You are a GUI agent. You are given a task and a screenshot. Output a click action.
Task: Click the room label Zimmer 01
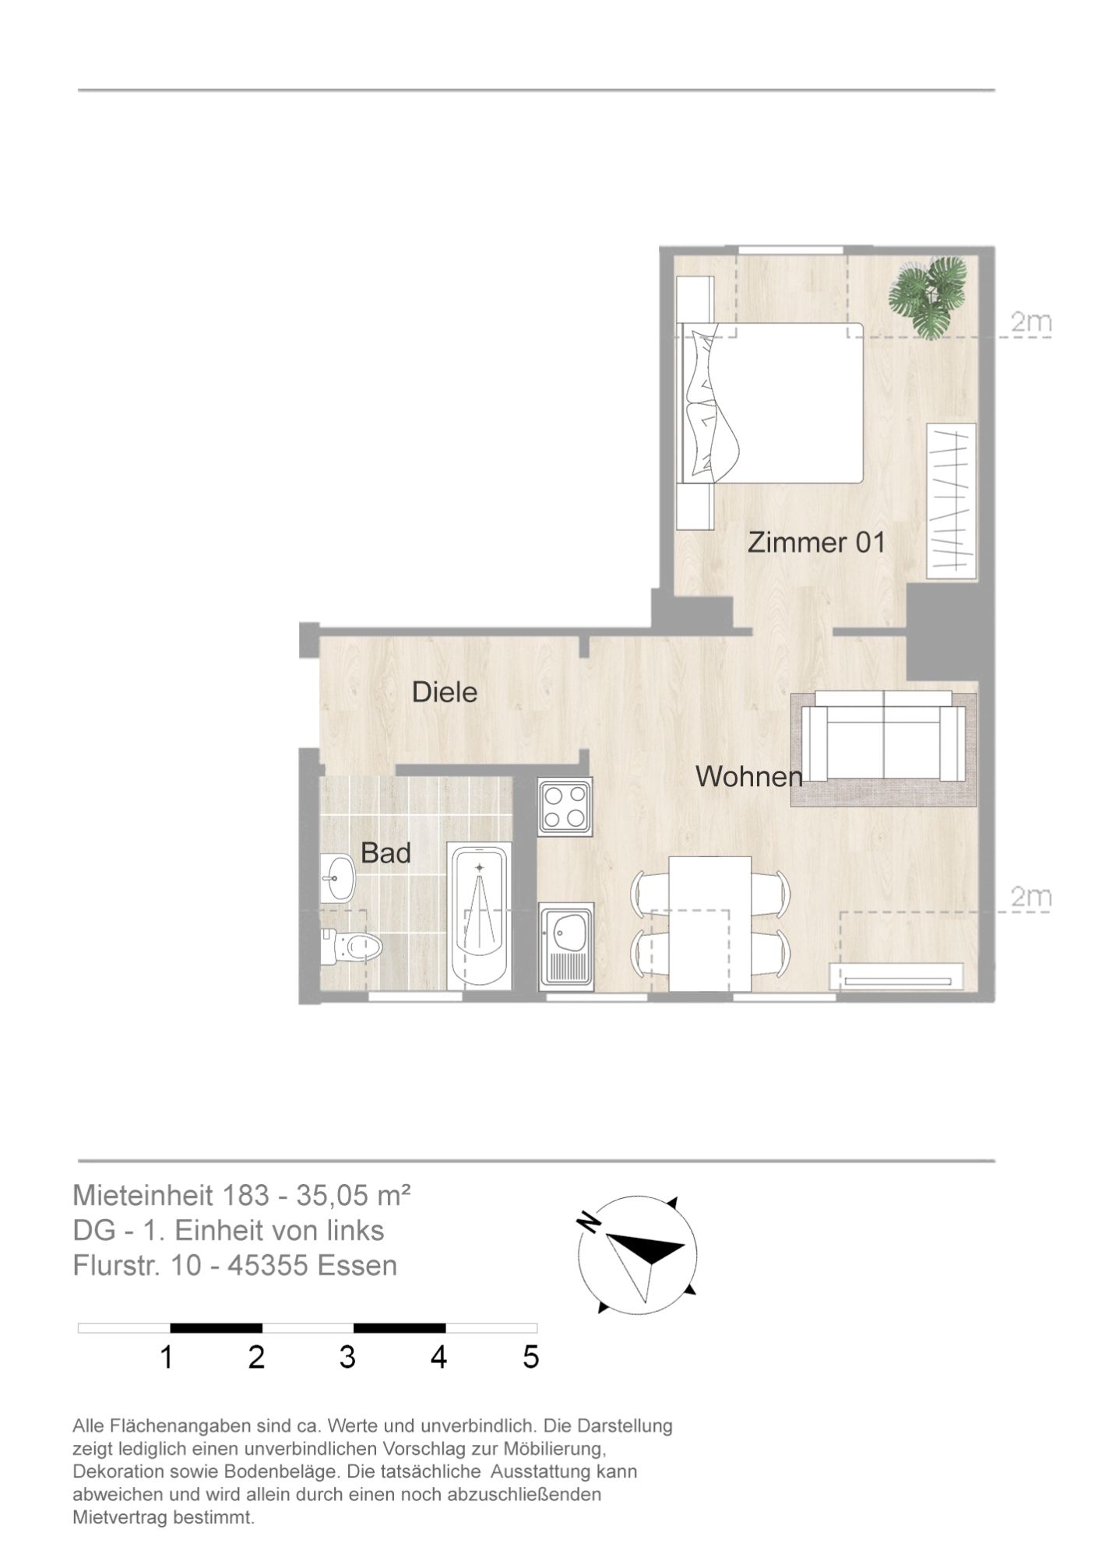[x=816, y=542]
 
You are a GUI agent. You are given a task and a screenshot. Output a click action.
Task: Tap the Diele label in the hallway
[x=444, y=691]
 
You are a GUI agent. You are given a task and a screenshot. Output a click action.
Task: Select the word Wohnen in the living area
[x=748, y=775]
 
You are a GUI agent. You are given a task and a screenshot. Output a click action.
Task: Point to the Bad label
[x=385, y=852]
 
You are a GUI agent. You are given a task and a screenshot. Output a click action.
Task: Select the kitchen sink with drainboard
[x=566, y=946]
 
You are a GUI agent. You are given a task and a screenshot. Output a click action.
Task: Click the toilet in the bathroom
[x=350, y=947]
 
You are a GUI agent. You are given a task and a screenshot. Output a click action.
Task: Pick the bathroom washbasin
[x=337, y=877]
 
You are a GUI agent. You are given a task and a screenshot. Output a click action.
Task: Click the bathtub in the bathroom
[x=481, y=916]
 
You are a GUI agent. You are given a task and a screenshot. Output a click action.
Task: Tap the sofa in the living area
[x=884, y=736]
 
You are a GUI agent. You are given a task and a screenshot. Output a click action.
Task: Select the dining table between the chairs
[x=709, y=923]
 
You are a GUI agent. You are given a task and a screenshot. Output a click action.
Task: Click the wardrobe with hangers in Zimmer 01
[x=950, y=501]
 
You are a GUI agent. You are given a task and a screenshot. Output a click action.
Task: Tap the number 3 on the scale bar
[x=347, y=1358]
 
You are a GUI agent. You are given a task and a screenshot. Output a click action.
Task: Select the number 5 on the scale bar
[x=530, y=1358]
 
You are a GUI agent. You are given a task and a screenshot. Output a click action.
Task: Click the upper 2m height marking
[x=1030, y=322]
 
